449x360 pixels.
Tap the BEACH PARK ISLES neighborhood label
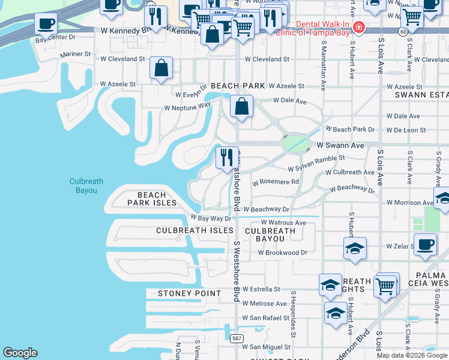tap(152, 199)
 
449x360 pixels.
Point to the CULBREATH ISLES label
tap(194, 230)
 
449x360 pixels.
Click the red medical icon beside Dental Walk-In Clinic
tap(359, 27)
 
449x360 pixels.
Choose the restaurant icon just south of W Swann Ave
tap(227, 158)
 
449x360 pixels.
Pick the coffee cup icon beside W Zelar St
tap(425, 245)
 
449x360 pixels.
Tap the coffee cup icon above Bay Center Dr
tap(46, 25)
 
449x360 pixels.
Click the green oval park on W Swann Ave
tap(295, 144)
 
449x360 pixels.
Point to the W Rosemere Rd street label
tap(275, 182)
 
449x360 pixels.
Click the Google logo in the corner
tap(20, 352)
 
